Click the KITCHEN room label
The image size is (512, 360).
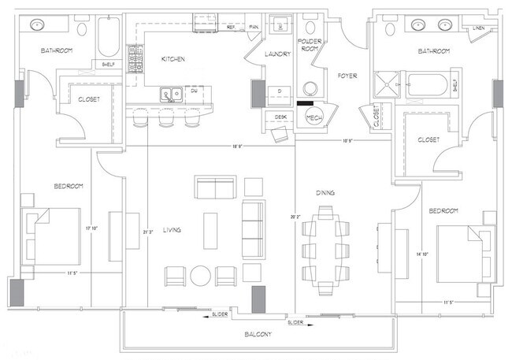pos(173,59)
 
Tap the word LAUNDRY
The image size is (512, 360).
pos(278,54)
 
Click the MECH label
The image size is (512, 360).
pos(314,118)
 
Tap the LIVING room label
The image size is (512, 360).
pos(172,230)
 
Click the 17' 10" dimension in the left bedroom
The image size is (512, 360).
pos(93,229)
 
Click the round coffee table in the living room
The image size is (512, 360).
pos(200,276)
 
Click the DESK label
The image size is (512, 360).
pos(280,117)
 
